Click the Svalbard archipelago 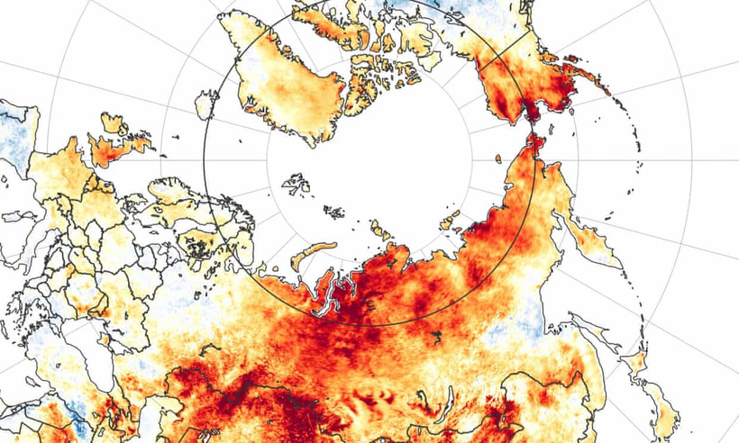pyautogui.click(x=296, y=185)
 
